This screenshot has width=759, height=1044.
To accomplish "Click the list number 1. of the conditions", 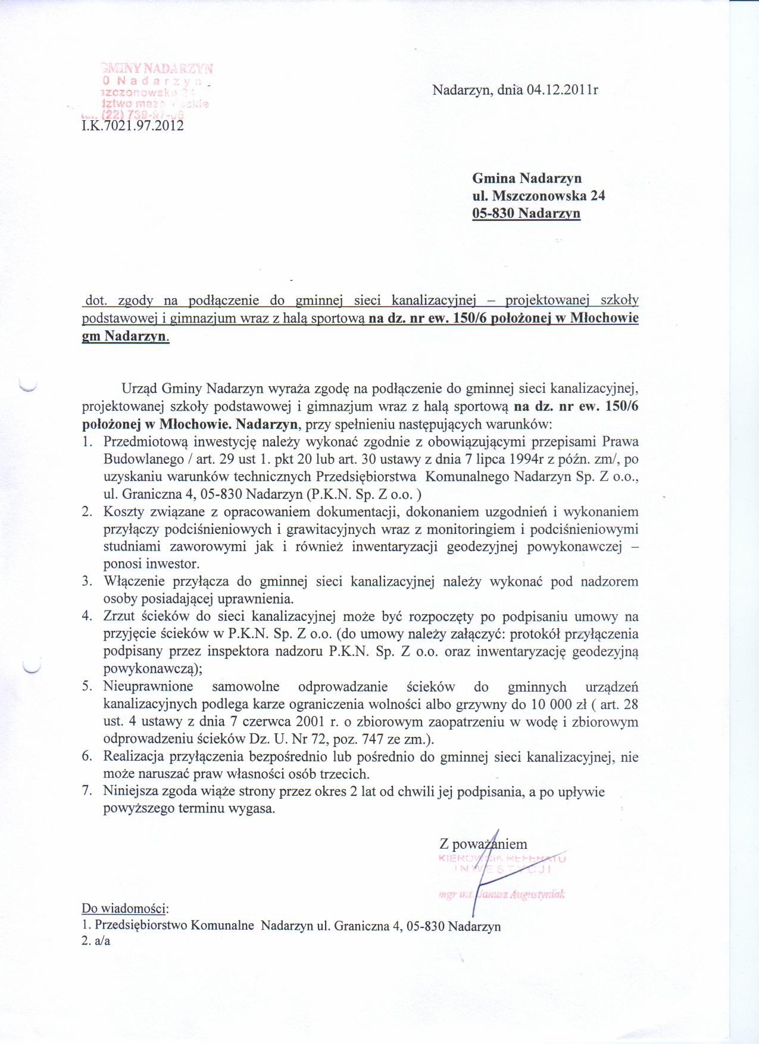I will (x=87, y=442).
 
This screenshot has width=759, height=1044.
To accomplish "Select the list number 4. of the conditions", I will (x=87, y=617).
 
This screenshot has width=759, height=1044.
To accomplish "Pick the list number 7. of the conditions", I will (x=87, y=792).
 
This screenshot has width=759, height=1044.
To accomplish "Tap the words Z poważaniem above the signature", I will (x=483, y=844).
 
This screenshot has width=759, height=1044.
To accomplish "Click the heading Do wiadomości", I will (x=125, y=909).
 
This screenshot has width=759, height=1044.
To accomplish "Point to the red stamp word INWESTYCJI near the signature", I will (x=504, y=870).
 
